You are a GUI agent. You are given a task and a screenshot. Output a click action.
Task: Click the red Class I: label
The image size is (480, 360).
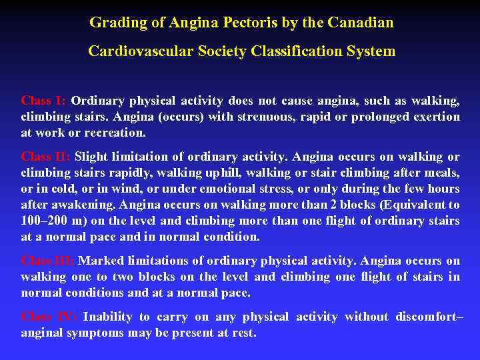pyautogui.click(x=43, y=101)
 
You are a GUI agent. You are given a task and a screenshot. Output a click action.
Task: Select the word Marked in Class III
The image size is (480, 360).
pyautogui.click(x=102, y=261)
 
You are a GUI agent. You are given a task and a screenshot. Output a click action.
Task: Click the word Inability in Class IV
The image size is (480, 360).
pyautogui.click(x=107, y=317)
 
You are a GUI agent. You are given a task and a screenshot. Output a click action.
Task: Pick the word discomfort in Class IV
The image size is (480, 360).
pyautogui.click(x=423, y=317)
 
